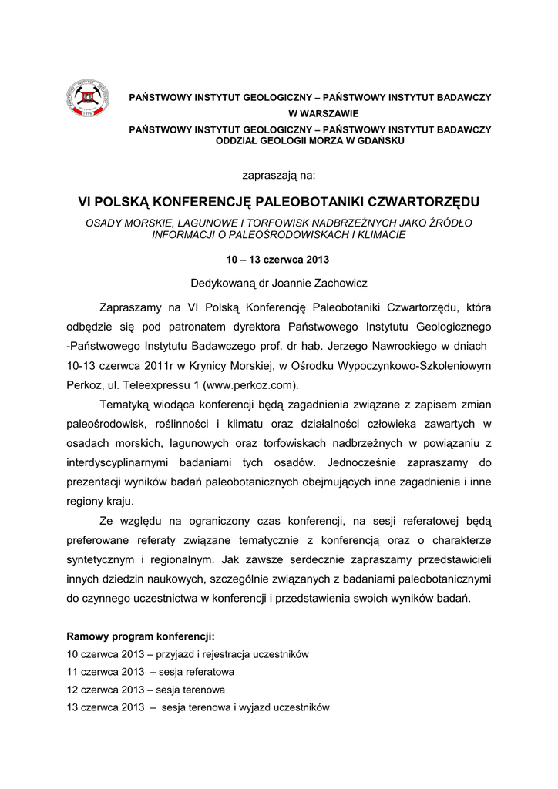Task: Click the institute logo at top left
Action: [x=86, y=99]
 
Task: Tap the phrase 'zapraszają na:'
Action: [x=279, y=175]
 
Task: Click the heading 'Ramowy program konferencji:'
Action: [x=141, y=637]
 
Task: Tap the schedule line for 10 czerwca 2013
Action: [x=188, y=654]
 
